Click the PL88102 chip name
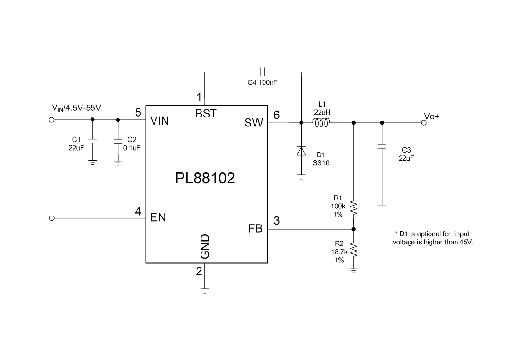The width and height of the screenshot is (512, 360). pos(205,179)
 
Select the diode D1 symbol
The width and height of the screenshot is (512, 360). pos(301,151)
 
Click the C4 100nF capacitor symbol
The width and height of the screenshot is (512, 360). pos(263,72)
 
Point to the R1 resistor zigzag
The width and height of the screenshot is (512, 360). pos(353,207)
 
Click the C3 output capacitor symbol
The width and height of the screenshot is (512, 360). pos(382,146)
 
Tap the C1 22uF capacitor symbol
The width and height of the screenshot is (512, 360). pos(92,141)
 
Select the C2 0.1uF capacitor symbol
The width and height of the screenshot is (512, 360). pos(118,141)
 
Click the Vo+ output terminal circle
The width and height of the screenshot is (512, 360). pos(424,123)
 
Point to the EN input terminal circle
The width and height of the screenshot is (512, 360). pos(52,218)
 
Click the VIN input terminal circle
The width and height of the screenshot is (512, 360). pos(52,119)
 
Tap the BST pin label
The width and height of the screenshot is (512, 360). pos(206,114)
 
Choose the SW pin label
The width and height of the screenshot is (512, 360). pos(254,123)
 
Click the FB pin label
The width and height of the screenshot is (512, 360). pos(255,229)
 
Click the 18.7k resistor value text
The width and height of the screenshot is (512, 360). pos(339,252)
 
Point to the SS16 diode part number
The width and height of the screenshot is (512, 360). pos(321,162)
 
